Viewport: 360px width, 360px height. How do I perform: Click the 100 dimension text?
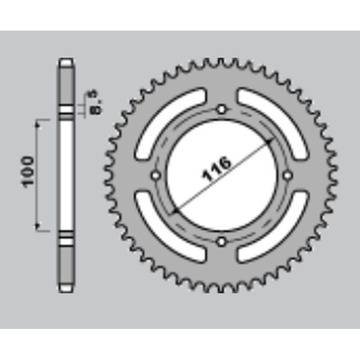click(27, 171)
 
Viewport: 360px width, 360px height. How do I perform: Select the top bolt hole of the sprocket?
click(221, 109)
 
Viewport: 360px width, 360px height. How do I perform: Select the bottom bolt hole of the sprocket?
click(221, 242)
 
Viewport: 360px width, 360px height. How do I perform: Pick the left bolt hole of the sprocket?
click(156, 175)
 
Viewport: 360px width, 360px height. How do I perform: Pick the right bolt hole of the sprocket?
click(288, 175)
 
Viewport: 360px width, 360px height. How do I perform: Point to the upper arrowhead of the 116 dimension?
click(270, 141)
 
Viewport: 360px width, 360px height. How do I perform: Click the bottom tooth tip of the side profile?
click(66, 288)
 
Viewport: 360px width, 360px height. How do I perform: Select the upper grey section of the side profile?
click(66, 85)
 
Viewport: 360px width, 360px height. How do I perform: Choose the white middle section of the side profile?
click(66, 175)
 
